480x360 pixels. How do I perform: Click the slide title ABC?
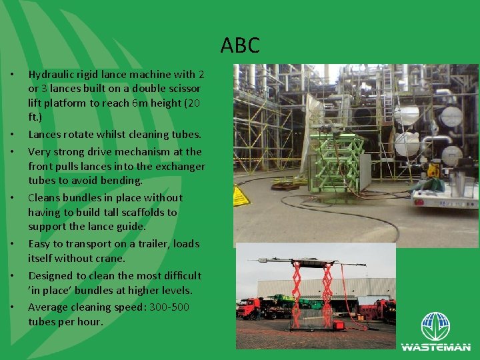click(240, 46)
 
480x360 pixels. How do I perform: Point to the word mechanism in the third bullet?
click(137, 151)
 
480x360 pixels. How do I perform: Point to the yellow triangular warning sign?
click(241, 195)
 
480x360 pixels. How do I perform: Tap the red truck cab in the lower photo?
click(249, 309)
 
